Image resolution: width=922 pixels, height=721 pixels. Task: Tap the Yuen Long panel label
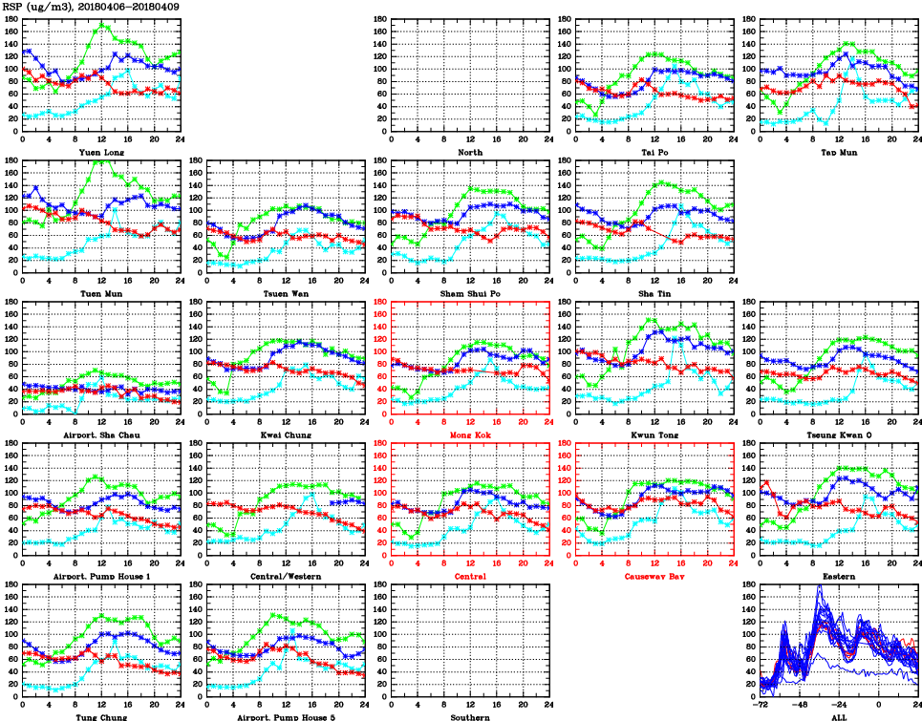tap(101, 152)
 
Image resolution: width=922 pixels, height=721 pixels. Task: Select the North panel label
tap(469, 152)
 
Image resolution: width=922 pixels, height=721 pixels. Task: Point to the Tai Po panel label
tap(654, 152)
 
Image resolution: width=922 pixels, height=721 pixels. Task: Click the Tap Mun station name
tap(838, 152)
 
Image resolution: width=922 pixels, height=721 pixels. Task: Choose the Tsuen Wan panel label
tap(286, 293)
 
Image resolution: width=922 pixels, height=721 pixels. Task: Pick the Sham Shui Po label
tap(469, 293)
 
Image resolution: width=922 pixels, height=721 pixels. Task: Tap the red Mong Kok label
tap(469, 435)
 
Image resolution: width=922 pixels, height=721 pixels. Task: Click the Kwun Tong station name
tap(654, 435)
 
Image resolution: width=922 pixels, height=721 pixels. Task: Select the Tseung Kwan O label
tap(838, 435)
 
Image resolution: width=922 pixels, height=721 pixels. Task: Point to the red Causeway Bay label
tap(654, 577)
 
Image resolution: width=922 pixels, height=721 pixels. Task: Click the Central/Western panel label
tap(286, 577)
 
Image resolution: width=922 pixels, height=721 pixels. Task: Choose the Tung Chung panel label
tap(101, 717)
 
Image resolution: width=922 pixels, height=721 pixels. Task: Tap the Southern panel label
tap(469, 717)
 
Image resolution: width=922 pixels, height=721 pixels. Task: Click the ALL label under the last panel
tap(838, 717)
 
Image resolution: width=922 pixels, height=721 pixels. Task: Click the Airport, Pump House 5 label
tap(286, 717)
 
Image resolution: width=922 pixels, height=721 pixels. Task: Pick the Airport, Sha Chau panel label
tap(101, 435)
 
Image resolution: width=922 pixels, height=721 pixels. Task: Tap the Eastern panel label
tap(838, 577)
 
